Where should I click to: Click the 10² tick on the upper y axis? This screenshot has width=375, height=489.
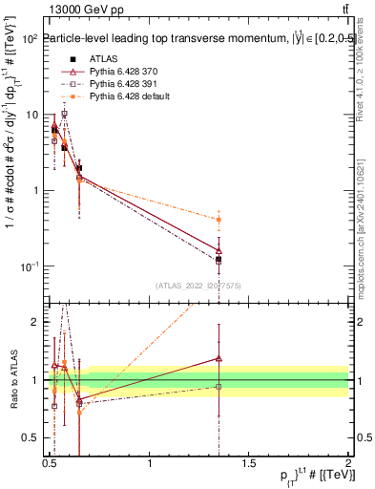pos(31,39)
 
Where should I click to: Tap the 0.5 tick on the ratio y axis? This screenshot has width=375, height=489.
pos(31,438)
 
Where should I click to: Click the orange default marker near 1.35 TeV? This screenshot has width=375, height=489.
pos(219,220)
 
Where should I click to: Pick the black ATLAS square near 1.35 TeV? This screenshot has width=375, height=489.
pos(219,259)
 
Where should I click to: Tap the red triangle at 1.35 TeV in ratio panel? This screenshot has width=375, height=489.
pos(219,358)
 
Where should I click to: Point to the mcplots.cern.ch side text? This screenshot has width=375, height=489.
pos(365,229)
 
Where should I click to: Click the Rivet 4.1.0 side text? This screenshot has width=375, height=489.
pos(365,72)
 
